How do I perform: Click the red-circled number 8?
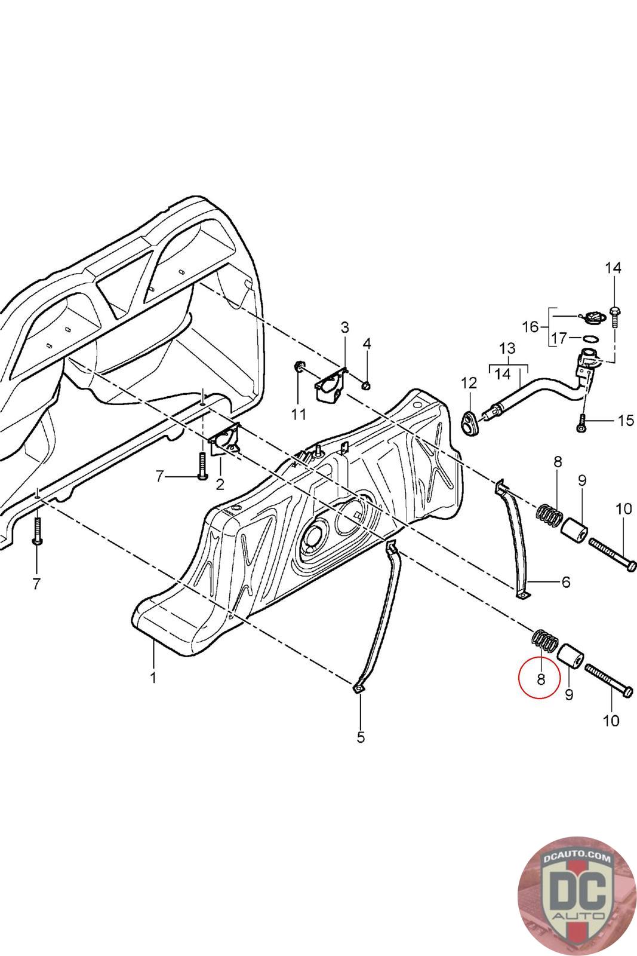point(541,679)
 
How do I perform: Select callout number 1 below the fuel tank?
point(153,678)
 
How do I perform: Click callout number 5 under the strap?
point(361,737)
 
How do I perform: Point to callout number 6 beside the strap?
point(566,582)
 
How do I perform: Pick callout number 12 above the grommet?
point(469,383)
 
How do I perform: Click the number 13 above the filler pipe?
point(507,348)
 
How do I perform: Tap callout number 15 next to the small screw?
point(626,421)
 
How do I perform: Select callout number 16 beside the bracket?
point(530,327)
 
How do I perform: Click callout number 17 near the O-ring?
point(559,338)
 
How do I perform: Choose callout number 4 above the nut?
point(367,344)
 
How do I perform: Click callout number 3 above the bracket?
point(344,327)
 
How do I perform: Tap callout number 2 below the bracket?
point(220,485)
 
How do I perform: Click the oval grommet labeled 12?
point(470,424)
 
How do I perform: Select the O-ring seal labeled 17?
point(590,339)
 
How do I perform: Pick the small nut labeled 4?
point(366,386)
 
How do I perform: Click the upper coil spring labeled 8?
point(548,516)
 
